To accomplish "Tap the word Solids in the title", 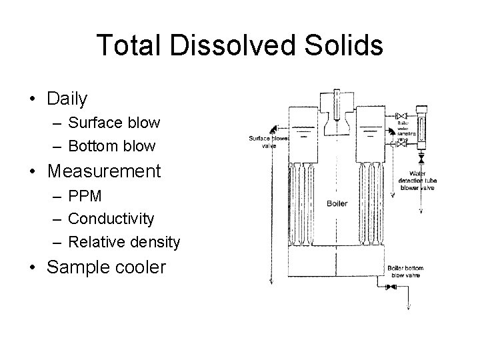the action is point(341,45).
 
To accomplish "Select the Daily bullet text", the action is point(67,99).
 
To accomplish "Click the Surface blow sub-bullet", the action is point(114,123).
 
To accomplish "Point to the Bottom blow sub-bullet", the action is point(112,145).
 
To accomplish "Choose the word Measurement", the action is point(104,171).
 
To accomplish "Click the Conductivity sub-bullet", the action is point(111,219).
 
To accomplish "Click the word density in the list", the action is point(151,241).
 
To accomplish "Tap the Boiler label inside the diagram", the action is point(337,203).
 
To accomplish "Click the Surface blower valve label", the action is point(264,142).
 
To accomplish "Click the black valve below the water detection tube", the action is point(421,159).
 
